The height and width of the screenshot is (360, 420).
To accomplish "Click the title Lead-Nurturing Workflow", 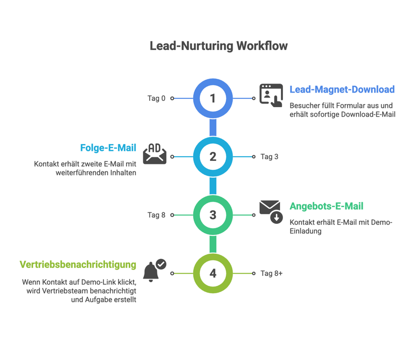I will [218, 46].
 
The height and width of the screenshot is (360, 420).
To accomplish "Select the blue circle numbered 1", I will [213, 98].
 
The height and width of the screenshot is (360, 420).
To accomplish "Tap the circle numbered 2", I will [213, 157].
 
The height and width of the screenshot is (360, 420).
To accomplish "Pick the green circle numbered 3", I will [213, 215].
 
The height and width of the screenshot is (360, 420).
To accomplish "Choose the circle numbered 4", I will [213, 273].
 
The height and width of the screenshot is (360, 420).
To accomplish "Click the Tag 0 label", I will [156, 98].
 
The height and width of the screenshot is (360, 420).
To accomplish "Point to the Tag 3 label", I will [269, 157].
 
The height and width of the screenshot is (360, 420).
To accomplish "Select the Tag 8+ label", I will [271, 273].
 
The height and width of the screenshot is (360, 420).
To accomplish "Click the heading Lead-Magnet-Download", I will [342, 89].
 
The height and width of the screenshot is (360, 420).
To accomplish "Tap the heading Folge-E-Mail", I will [108, 148].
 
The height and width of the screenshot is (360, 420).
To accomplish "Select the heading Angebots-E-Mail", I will [327, 207].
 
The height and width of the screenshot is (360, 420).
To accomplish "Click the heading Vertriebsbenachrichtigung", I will [78, 264].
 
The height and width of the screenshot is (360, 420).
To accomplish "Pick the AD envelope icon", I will [155, 153].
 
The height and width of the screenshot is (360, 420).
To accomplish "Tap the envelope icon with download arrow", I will [271, 211].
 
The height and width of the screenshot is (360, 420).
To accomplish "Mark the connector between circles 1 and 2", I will [213, 127].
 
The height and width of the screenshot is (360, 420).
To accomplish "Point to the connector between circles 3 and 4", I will [213, 244].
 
